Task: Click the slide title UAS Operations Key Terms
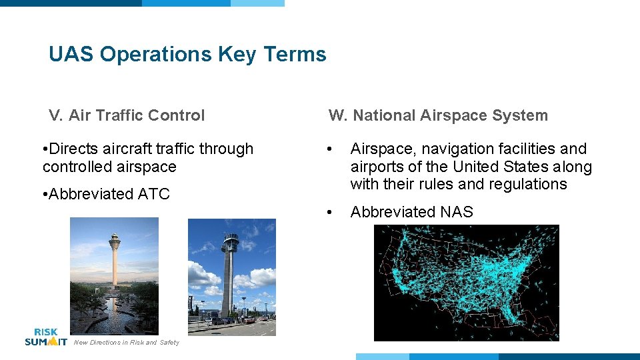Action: (x=187, y=54)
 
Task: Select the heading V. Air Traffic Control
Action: (x=127, y=115)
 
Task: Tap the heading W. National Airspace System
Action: (x=438, y=115)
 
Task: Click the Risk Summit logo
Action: (x=45, y=337)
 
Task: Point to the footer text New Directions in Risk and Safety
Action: (x=126, y=343)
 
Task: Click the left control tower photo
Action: (x=114, y=275)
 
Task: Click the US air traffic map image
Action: (x=466, y=283)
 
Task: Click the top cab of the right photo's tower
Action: (x=230, y=239)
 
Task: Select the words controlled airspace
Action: (x=109, y=167)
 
